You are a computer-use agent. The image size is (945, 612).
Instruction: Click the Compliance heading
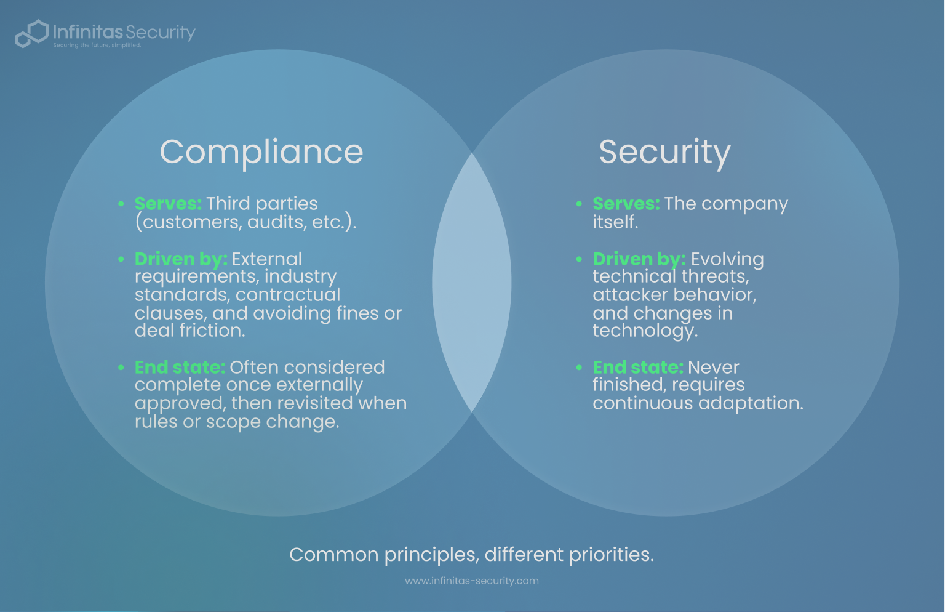coord(261,152)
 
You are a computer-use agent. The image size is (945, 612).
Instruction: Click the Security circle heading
coord(664,152)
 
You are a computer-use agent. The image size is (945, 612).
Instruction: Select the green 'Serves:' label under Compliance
coord(168,204)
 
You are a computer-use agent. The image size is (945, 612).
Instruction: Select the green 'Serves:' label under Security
coord(626,204)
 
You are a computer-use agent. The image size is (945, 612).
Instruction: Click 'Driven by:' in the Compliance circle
coord(181,259)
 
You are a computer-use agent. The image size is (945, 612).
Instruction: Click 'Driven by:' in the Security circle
coord(639,259)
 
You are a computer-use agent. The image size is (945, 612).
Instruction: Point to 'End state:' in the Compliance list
coord(180,368)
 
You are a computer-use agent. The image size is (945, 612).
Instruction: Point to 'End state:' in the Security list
coord(637,368)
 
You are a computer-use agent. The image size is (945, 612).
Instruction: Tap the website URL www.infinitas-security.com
coord(471,581)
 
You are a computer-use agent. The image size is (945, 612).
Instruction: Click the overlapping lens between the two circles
coord(472,283)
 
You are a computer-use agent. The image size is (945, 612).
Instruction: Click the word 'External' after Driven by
coord(267,259)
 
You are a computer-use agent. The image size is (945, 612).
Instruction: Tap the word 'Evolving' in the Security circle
coord(727,259)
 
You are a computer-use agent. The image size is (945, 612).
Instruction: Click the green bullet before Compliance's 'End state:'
coord(121,368)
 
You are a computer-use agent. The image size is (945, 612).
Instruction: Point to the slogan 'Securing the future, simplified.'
coord(97,46)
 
